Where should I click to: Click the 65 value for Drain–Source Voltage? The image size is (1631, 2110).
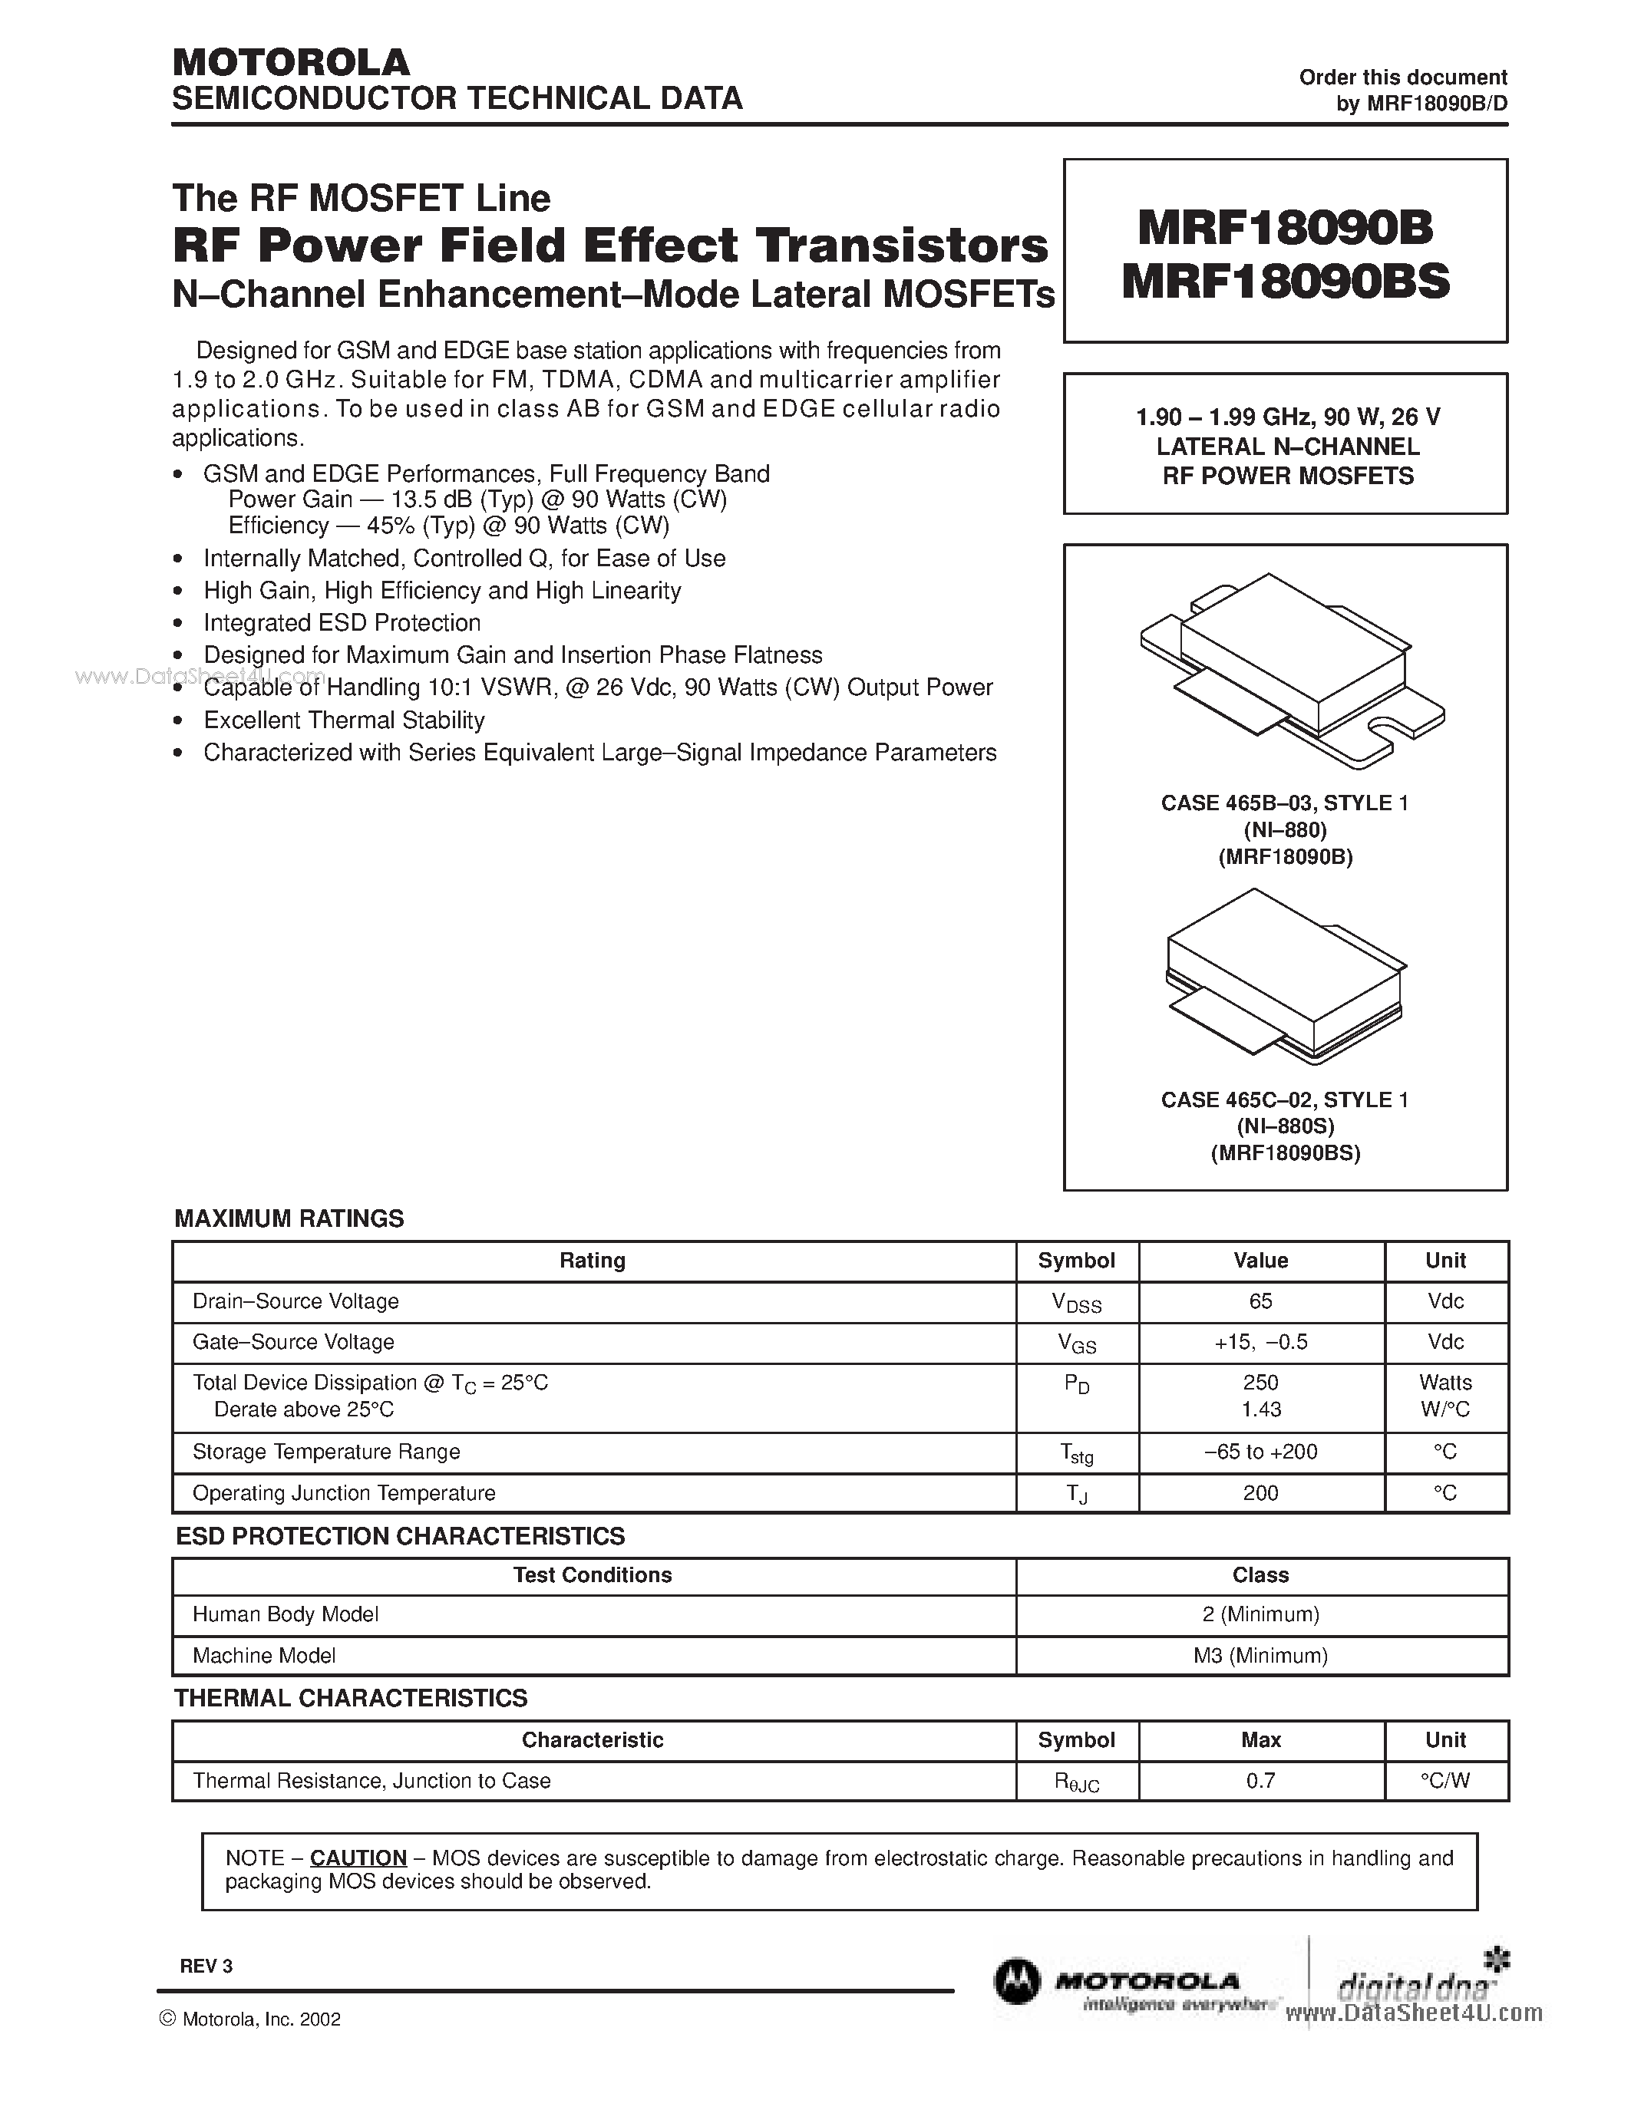1260,1301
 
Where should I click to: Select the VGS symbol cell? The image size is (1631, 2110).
1076,1343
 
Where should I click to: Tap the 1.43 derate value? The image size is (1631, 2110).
1260,1409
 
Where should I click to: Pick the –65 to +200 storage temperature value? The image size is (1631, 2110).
1260,1452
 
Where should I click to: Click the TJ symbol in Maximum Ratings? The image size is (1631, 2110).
1076,1495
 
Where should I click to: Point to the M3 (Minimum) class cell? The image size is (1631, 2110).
1260,1656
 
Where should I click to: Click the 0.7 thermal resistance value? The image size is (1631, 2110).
1260,1781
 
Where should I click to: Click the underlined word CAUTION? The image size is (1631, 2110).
358,1858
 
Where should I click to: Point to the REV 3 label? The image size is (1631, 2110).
206,1966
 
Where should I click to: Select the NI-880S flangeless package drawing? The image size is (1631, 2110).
1285,976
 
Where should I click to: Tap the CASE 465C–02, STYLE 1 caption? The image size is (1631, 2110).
1284,1100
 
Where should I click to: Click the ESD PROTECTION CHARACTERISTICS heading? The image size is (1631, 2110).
400,1536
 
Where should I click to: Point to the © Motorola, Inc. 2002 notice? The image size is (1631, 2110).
249,2019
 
